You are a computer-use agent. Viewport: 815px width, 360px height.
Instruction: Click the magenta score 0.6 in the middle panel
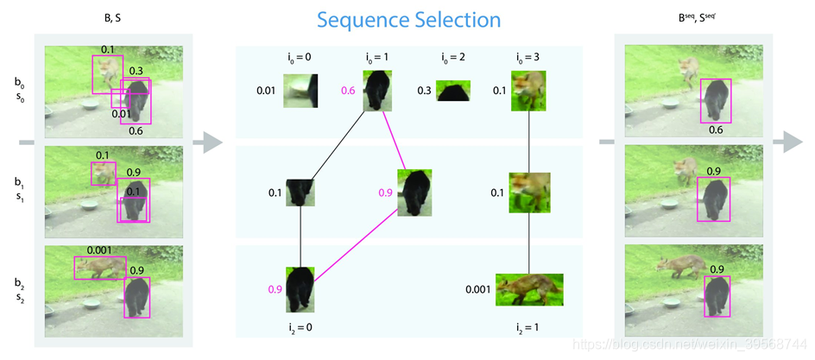[349, 91]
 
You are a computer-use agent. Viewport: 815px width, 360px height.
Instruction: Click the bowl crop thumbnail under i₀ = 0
[300, 90]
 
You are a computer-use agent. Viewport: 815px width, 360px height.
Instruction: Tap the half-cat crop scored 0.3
[452, 91]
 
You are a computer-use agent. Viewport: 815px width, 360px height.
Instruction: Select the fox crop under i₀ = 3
[526, 91]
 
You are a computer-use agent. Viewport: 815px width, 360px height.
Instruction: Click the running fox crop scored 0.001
[529, 290]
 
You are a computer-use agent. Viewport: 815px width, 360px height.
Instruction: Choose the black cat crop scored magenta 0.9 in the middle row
[415, 193]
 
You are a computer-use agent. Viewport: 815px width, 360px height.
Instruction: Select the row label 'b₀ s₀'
[20, 90]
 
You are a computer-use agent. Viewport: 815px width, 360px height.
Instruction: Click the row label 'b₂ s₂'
[20, 289]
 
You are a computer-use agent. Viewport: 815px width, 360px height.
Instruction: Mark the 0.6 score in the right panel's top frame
[716, 130]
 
